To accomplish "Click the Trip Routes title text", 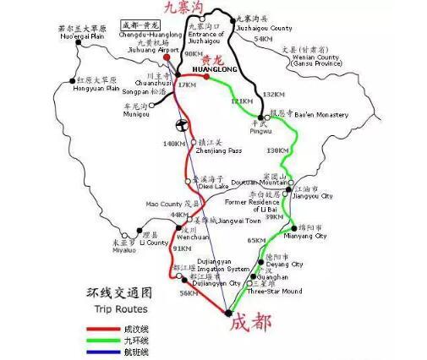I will tap(123, 311).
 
